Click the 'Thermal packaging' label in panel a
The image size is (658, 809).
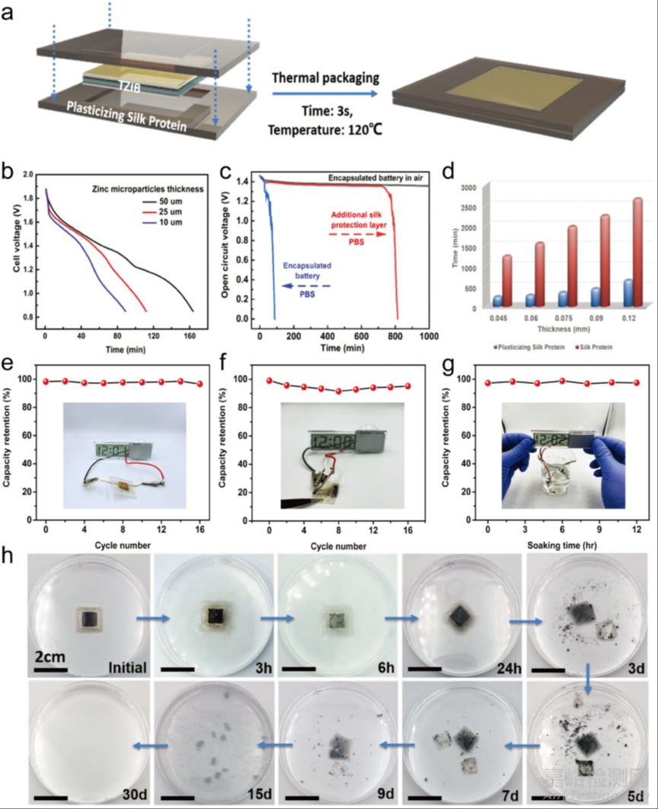[326, 78]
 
